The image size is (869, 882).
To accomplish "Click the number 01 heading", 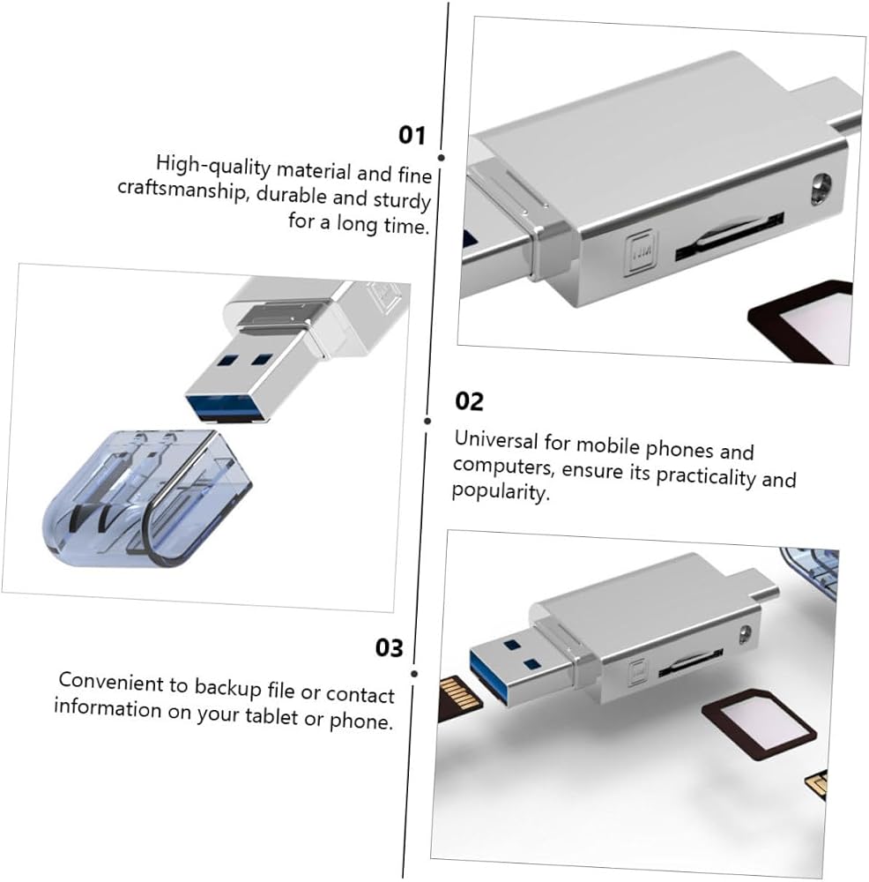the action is (x=412, y=135).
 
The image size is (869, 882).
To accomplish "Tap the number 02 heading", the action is (x=470, y=401).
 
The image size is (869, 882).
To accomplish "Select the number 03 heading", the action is (x=389, y=647).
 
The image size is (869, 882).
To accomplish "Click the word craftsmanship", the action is (x=182, y=190).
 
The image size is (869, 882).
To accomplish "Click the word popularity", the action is (x=501, y=491).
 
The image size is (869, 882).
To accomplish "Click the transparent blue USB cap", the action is (x=147, y=498).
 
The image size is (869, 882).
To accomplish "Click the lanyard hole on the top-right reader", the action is (x=821, y=188).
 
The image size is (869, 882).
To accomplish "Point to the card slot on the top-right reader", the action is (x=729, y=236).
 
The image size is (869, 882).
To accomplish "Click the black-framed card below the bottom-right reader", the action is (x=759, y=724).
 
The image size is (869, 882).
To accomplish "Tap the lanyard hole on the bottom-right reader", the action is (x=746, y=634).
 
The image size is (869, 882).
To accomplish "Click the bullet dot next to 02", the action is (x=427, y=421).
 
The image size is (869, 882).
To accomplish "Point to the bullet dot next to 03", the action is (x=414, y=673).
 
